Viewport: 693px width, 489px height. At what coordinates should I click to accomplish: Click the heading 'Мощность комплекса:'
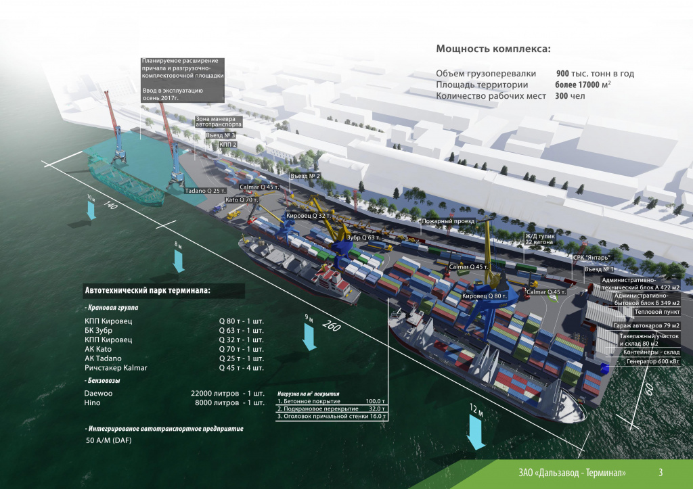coord(493,49)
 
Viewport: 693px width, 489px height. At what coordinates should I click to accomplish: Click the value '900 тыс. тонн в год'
coord(595,73)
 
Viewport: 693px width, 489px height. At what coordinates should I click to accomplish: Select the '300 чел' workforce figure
coord(570,96)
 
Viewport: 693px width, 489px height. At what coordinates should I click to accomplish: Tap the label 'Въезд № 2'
coord(305,176)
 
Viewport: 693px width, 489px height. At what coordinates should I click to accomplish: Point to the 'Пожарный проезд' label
coord(448,221)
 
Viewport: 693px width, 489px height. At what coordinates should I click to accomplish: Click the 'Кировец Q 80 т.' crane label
coord(485,296)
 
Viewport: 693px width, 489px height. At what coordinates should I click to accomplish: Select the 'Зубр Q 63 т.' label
coord(363,237)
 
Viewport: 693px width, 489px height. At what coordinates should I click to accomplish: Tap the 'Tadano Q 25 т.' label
coord(206,191)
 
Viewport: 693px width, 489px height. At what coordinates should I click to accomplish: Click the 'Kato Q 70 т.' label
coord(242,200)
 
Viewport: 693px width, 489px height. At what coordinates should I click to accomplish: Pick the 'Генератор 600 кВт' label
coord(653,361)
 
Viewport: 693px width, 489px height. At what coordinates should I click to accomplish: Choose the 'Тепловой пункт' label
coord(657,312)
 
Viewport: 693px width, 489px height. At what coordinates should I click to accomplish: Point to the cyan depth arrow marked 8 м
coord(179,261)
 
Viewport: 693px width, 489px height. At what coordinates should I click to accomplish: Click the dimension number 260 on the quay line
coord(332,325)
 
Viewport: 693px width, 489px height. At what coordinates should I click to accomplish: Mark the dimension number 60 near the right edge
coord(649,389)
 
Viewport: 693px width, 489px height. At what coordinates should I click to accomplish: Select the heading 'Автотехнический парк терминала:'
coord(148,291)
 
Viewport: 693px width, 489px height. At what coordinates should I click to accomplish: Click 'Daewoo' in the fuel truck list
coord(99,393)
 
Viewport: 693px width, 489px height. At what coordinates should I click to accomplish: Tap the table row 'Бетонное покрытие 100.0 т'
coord(332,402)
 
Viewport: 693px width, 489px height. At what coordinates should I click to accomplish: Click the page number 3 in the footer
coord(661,472)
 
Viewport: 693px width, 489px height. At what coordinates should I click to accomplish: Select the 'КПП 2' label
coord(228,145)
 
